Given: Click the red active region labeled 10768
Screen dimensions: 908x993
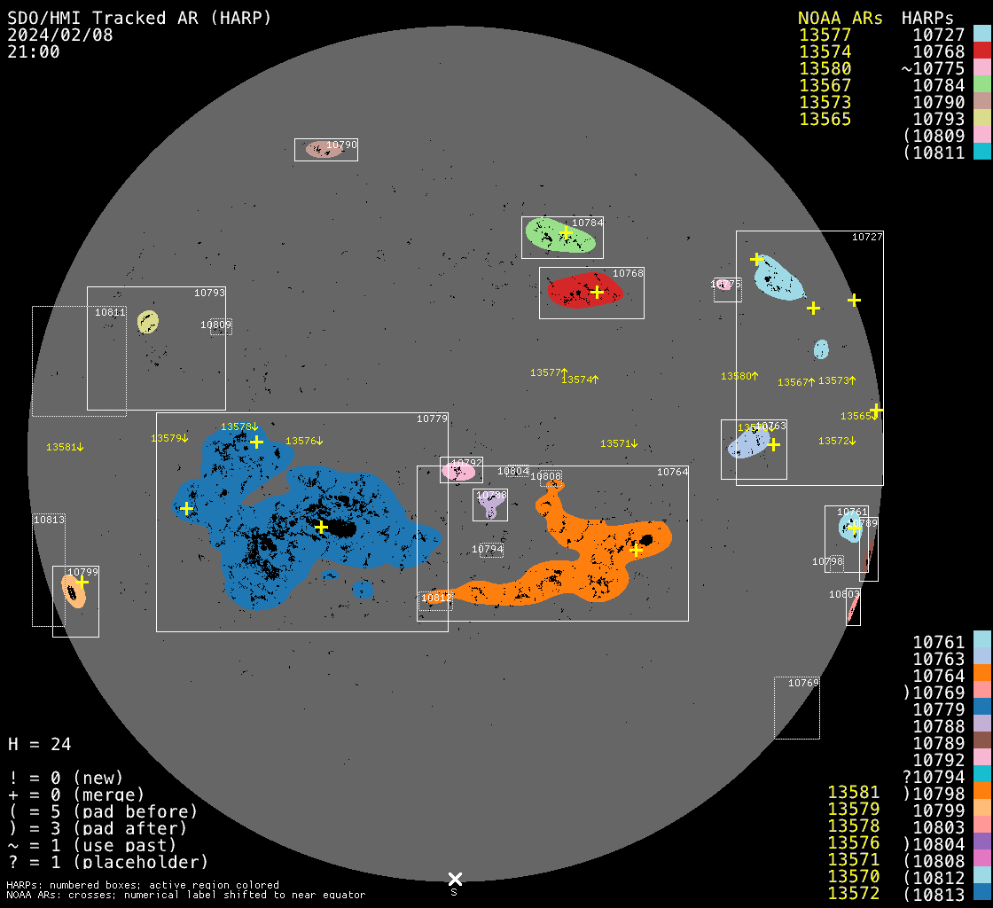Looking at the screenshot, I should tap(581, 290).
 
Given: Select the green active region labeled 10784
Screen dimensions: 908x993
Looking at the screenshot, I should tap(559, 235).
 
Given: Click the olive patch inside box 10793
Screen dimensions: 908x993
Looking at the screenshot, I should tap(148, 322).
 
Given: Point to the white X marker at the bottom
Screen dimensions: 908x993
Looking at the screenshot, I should tap(455, 879).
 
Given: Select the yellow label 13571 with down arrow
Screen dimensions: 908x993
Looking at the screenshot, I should tap(618, 443).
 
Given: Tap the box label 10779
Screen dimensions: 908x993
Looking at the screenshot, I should tap(432, 419).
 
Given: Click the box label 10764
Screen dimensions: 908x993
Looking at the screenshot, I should tap(672, 472).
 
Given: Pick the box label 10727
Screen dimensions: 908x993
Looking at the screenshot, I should tap(867, 237).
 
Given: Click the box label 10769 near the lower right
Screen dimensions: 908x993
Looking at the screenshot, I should tap(803, 683).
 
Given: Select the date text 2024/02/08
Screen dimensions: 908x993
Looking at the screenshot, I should tap(60, 35).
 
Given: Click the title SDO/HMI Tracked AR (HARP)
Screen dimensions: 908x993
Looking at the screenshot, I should tap(139, 18).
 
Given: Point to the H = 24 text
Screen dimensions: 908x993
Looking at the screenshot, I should tap(40, 744).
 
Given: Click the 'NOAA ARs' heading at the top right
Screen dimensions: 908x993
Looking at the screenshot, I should tap(840, 18).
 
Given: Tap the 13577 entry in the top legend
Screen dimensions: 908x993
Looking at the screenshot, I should tap(825, 35).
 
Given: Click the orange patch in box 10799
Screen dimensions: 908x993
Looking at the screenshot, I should tap(74, 590).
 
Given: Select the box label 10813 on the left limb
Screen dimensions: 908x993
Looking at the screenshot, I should tap(49, 520).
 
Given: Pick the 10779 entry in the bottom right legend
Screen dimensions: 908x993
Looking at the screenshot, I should tap(939, 708).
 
